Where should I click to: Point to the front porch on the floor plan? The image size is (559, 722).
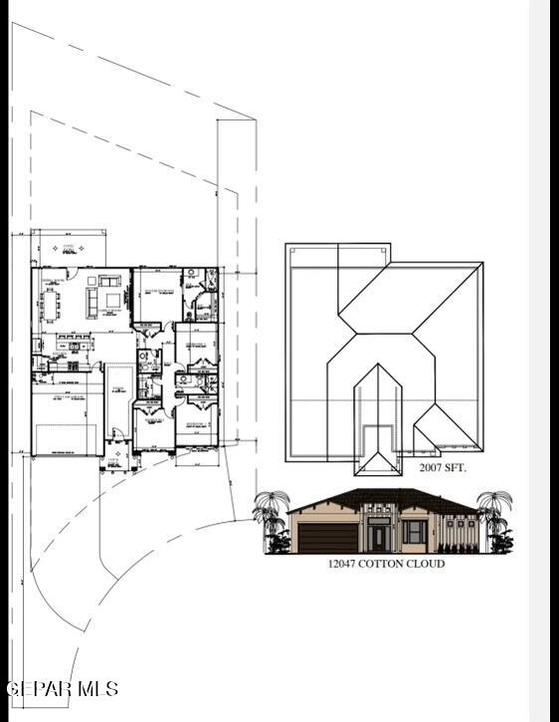coord(118,457)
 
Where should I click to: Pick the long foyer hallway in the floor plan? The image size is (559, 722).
coord(119,398)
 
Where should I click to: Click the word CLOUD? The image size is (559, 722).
coord(431,564)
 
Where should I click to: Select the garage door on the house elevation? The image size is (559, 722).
coord(326,538)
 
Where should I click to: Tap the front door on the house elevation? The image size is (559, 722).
coord(379,538)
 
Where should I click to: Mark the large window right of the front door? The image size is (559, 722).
coord(416,532)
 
